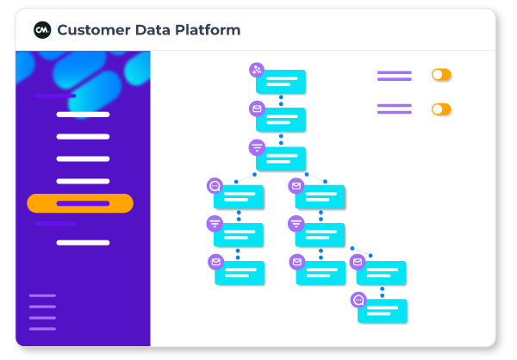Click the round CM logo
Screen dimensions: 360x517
click(x=42, y=30)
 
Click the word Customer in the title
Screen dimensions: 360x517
click(x=95, y=30)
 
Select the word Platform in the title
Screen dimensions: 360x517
click(x=209, y=30)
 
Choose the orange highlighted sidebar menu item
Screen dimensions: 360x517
click(x=80, y=203)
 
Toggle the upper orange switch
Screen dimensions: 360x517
click(x=441, y=75)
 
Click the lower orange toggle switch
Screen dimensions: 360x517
click(x=441, y=109)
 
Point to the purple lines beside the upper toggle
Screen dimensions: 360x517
click(x=394, y=76)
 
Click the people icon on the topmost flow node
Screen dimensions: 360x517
click(x=257, y=70)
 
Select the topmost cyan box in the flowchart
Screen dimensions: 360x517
click(x=282, y=83)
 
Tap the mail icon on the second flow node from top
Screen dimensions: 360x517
click(x=257, y=109)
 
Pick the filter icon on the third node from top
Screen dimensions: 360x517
click(x=257, y=147)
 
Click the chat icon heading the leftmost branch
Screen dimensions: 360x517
click(x=215, y=185)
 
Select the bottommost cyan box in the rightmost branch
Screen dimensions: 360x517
click(x=382, y=311)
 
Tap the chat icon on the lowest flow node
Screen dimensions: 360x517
click(x=358, y=300)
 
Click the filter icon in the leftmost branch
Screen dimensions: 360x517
click(x=215, y=224)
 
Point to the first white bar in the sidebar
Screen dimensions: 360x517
click(x=83, y=115)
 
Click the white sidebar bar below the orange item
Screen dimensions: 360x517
click(x=83, y=243)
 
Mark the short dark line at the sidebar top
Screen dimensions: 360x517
click(x=55, y=96)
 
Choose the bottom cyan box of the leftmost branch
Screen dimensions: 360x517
click(x=240, y=273)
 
